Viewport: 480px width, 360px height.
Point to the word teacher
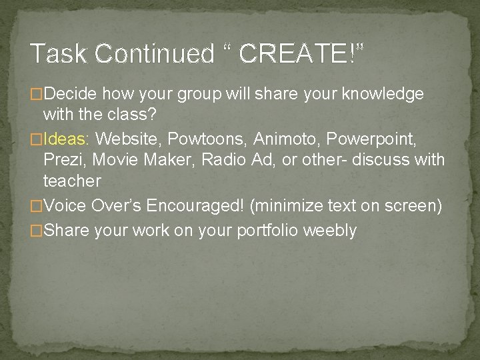coord(72,181)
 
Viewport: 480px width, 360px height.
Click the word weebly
coord(330,231)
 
